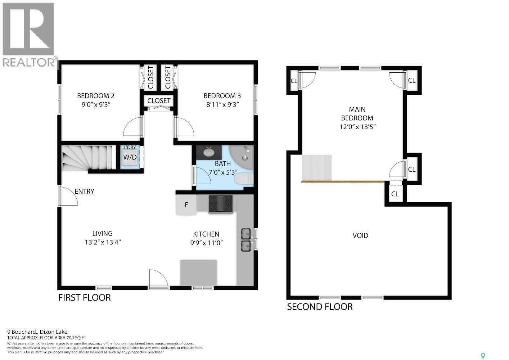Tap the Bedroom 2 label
(x=95, y=96)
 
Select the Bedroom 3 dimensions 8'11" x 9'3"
(x=222, y=104)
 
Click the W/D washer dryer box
(x=130, y=157)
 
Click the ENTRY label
(x=84, y=191)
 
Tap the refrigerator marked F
(x=186, y=205)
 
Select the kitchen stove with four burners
(x=221, y=204)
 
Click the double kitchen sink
(x=246, y=240)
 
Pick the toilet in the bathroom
(x=243, y=179)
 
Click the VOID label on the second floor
(x=360, y=235)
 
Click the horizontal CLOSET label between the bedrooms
(x=159, y=101)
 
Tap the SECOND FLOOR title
(x=320, y=307)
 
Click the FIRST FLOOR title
(x=85, y=297)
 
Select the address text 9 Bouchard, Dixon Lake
(x=37, y=332)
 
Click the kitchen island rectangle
(x=198, y=273)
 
